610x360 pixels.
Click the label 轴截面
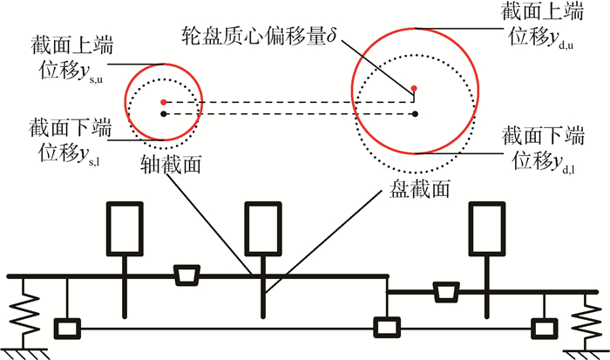[x=170, y=163]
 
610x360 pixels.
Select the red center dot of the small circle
[x=163, y=101]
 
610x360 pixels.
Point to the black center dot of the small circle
[x=163, y=112]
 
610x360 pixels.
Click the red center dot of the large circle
[x=416, y=89]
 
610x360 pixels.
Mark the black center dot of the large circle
[x=416, y=112]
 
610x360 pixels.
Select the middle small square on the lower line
[x=384, y=329]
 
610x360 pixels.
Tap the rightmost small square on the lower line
[x=546, y=329]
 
